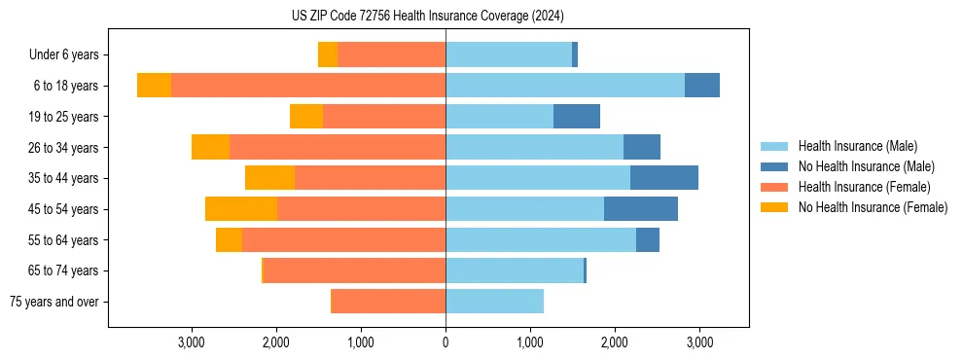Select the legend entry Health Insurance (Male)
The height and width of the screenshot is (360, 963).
pyautogui.click(x=857, y=146)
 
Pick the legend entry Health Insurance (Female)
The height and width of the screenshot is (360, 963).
pyautogui.click(x=864, y=187)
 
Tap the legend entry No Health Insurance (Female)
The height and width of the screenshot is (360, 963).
pyautogui.click(x=873, y=207)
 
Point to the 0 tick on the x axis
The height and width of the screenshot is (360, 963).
pyautogui.click(x=446, y=342)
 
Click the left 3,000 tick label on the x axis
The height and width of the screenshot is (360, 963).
pyautogui.click(x=192, y=342)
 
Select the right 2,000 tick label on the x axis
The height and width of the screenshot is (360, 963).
pyautogui.click(x=615, y=342)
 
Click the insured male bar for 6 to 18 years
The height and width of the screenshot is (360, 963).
pyautogui.click(x=565, y=86)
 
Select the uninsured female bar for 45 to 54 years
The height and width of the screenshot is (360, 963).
pyautogui.click(x=241, y=209)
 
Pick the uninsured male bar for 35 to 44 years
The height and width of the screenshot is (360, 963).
pyautogui.click(x=664, y=178)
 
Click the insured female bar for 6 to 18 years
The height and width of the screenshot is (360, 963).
pyautogui.click(x=308, y=86)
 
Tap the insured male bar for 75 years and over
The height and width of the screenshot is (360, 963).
pyautogui.click(x=494, y=302)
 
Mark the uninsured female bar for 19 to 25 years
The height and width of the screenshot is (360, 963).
pyautogui.click(x=306, y=117)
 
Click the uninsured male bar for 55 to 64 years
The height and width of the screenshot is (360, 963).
pyautogui.click(x=648, y=240)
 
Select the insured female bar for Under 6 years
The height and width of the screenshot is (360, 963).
pyautogui.click(x=391, y=55)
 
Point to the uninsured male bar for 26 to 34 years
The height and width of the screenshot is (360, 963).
pyautogui.click(x=642, y=148)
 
